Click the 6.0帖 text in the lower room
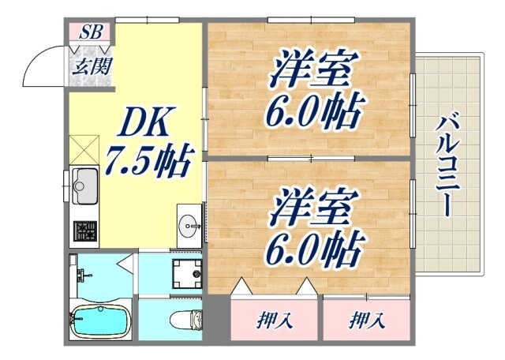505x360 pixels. coord(311,250)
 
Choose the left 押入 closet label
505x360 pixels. coord(275,320)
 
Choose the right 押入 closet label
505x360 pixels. coord(367,320)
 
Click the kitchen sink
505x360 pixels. coord(84,186)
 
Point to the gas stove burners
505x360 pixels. coord(85,231)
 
